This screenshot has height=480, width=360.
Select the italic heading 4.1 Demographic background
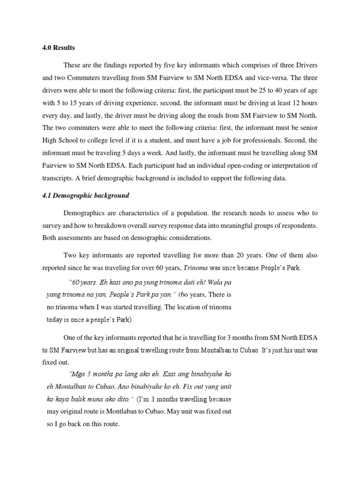click(85, 195)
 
